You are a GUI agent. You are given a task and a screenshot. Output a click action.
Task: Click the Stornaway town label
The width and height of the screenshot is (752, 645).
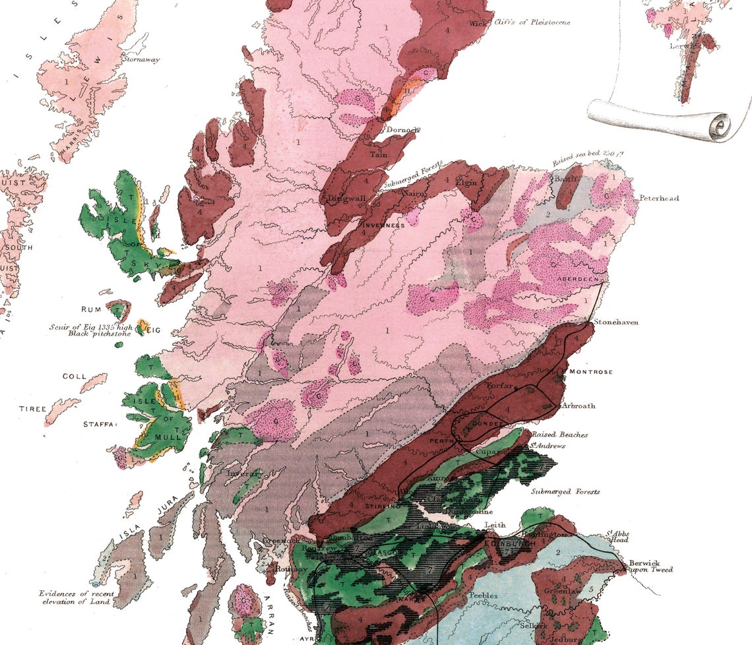pyautogui.click(x=141, y=59)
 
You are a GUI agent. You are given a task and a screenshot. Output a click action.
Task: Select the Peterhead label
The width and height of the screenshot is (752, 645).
pyautogui.click(x=658, y=198)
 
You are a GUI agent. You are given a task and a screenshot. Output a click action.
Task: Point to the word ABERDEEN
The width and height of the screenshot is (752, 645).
pyautogui.click(x=577, y=280)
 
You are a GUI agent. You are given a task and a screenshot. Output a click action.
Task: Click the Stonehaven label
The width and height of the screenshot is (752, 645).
pyautogui.click(x=616, y=322)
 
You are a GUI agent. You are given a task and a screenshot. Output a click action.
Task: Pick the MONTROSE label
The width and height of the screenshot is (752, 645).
pyautogui.click(x=590, y=372)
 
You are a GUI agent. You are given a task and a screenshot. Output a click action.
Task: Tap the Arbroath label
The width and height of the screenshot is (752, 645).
pyautogui.click(x=579, y=406)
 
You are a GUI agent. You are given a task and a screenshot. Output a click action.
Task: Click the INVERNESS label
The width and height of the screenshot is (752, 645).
pyautogui.click(x=384, y=225)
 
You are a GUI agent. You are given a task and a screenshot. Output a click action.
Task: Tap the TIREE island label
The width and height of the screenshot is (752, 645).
pyautogui.click(x=32, y=409)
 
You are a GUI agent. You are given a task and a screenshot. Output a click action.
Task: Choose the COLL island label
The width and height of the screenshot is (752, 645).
pyautogui.click(x=74, y=377)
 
